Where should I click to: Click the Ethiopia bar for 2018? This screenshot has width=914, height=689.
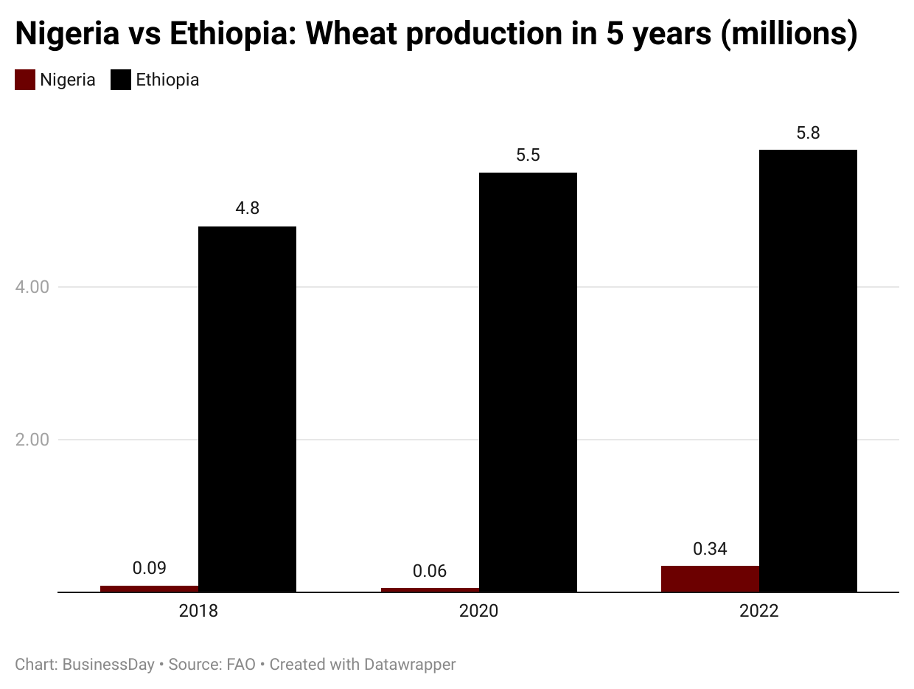247,409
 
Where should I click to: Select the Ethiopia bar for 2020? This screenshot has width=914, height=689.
528,382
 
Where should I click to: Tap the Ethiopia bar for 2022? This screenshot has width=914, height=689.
808,370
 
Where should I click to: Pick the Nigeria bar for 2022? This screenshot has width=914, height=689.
710,578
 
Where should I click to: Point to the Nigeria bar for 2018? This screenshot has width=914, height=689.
149,589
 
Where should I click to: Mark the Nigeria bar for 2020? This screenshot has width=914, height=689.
430,589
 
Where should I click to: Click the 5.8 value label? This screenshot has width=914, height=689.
808,134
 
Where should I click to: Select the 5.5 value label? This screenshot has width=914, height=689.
528,156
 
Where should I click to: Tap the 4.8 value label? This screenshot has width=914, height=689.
247,209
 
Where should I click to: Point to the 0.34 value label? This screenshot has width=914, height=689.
710,549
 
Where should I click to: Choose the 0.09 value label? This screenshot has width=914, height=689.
149,568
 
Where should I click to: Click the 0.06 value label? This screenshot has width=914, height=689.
430,571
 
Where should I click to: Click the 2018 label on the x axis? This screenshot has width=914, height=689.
198,612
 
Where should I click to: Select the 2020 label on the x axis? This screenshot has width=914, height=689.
478,612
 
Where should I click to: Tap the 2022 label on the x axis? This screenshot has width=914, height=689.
758,612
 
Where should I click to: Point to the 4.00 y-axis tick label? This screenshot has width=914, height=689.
32,286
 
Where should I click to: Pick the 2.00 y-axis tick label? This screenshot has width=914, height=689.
32,440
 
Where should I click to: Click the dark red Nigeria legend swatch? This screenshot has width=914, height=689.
25,80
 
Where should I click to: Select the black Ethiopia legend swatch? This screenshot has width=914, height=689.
120,80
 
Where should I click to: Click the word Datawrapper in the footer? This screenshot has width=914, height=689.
410,665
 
